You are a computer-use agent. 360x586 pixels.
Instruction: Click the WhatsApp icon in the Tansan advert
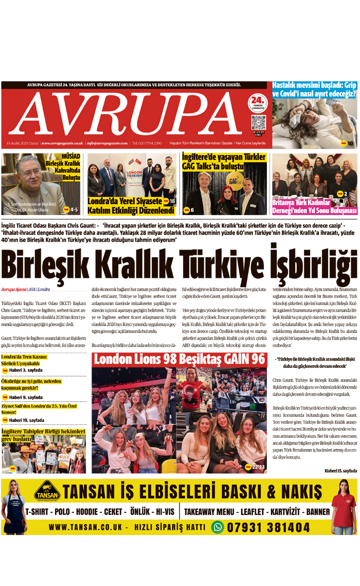tap(218, 527)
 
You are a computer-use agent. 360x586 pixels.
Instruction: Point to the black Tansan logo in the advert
tap(47, 491)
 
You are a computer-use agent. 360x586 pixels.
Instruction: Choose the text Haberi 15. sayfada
tap(340, 471)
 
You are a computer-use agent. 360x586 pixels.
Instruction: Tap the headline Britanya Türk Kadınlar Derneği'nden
tap(314, 206)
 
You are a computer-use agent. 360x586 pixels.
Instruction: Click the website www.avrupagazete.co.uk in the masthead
tap(62, 143)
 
